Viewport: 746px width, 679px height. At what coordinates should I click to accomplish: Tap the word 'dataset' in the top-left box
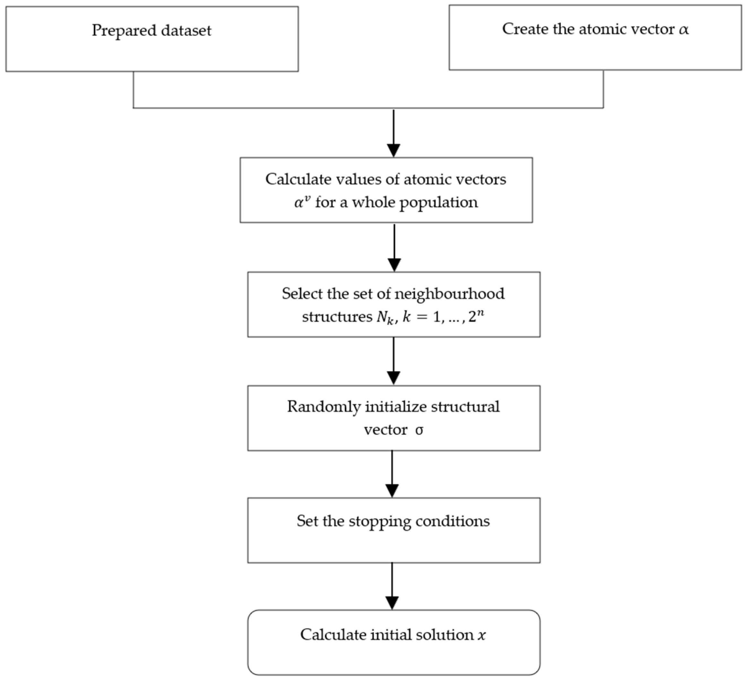186,31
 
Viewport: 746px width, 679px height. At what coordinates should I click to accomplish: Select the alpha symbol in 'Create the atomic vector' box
684,30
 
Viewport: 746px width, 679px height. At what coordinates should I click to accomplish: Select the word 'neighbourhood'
449,294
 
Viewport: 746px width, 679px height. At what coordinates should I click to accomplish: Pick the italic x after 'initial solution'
481,635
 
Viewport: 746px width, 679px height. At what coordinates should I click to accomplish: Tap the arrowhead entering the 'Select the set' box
395,265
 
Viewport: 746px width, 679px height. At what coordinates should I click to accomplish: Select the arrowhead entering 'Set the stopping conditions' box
392,491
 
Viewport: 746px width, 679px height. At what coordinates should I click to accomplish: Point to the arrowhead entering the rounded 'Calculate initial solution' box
392,603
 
